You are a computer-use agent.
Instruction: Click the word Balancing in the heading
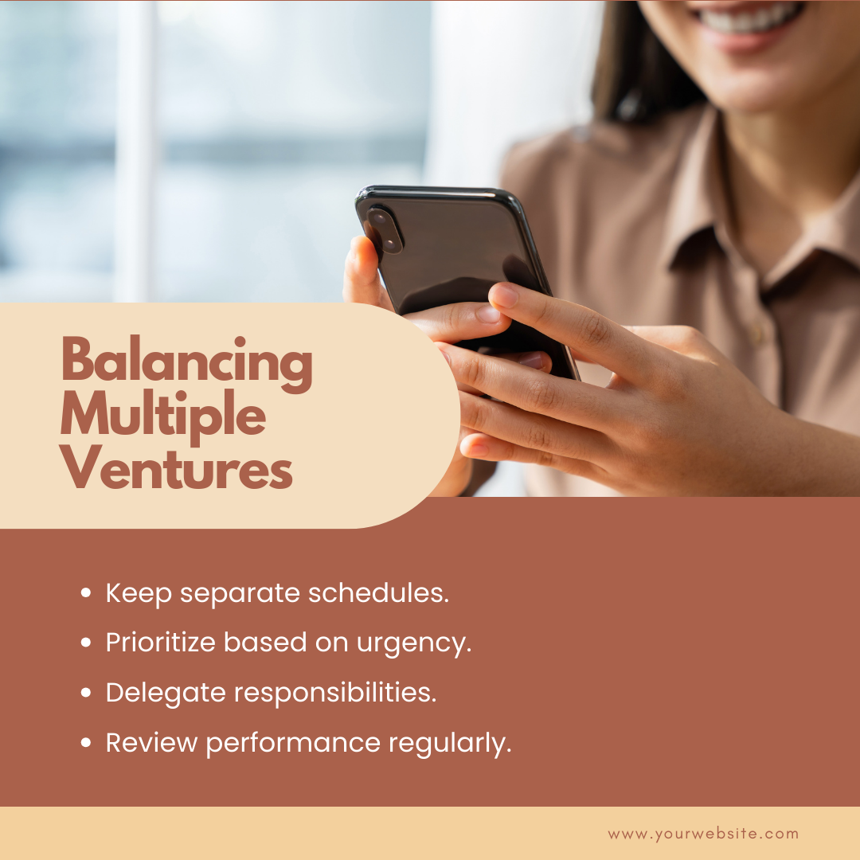point(186,363)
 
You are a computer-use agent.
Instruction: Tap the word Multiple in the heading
point(163,416)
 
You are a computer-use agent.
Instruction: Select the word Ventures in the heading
point(176,467)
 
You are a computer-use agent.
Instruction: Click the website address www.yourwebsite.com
point(703,835)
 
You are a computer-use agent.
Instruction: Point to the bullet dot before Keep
point(85,592)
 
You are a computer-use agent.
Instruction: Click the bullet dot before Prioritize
point(85,643)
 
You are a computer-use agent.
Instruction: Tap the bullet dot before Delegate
point(85,692)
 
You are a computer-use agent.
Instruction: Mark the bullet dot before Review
point(85,742)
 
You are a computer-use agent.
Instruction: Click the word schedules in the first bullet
point(378,592)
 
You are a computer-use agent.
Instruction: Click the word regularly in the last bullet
point(450,744)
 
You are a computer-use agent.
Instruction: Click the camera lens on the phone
point(384,229)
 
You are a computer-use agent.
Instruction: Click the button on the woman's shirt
point(758,330)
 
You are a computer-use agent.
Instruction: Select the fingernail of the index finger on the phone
point(504,296)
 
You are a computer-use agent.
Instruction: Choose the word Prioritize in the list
point(161,643)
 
